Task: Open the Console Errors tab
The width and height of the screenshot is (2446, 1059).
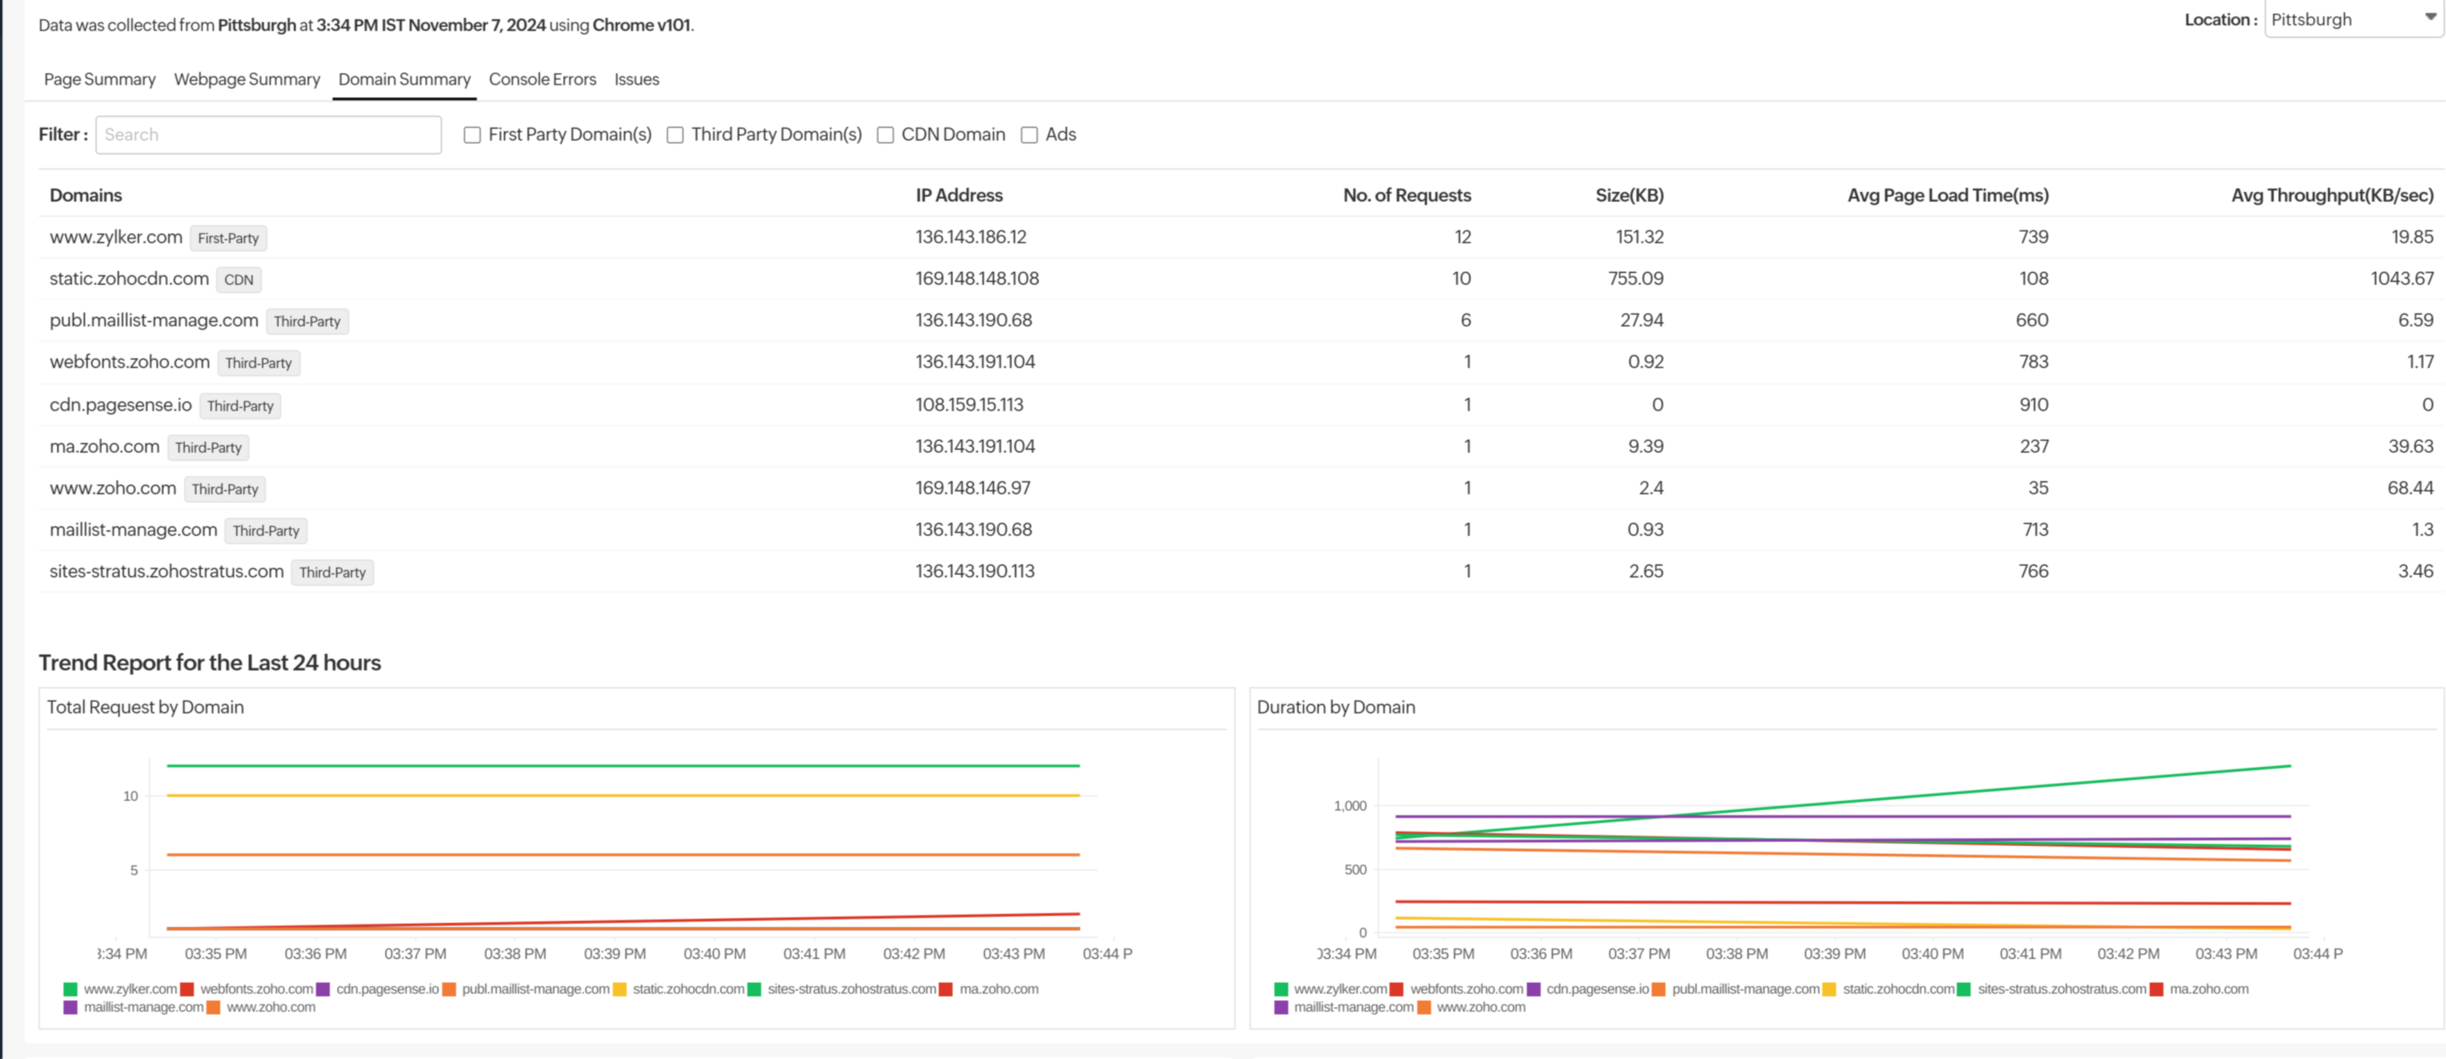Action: [x=542, y=80]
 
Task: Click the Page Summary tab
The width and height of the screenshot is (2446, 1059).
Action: [x=100, y=80]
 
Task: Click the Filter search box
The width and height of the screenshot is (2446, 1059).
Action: [x=268, y=135]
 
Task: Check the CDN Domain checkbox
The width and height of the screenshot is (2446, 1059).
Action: [x=885, y=135]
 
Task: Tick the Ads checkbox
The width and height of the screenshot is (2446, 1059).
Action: [x=1029, y=135]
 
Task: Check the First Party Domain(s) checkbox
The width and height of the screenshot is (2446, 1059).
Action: [x=472, y=135]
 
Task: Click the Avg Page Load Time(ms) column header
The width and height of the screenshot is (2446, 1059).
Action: [x=1947, y=196]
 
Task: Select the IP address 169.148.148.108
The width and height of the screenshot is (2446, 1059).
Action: [x=976, y=278]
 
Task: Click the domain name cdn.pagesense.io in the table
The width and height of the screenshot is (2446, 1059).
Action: [x=121, y=404]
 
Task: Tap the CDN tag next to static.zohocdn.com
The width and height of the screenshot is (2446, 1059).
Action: [x=239, y=280]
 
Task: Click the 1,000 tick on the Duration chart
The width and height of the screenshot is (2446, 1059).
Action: [x=1350, y=805]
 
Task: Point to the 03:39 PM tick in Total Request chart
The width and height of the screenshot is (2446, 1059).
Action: [x=614, y=954]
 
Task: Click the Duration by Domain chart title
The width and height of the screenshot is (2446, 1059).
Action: [x=1335, y=707]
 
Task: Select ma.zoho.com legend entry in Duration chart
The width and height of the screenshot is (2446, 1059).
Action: [x=2207, y=989]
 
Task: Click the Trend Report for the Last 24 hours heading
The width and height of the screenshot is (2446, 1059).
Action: [x=210, y=663]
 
